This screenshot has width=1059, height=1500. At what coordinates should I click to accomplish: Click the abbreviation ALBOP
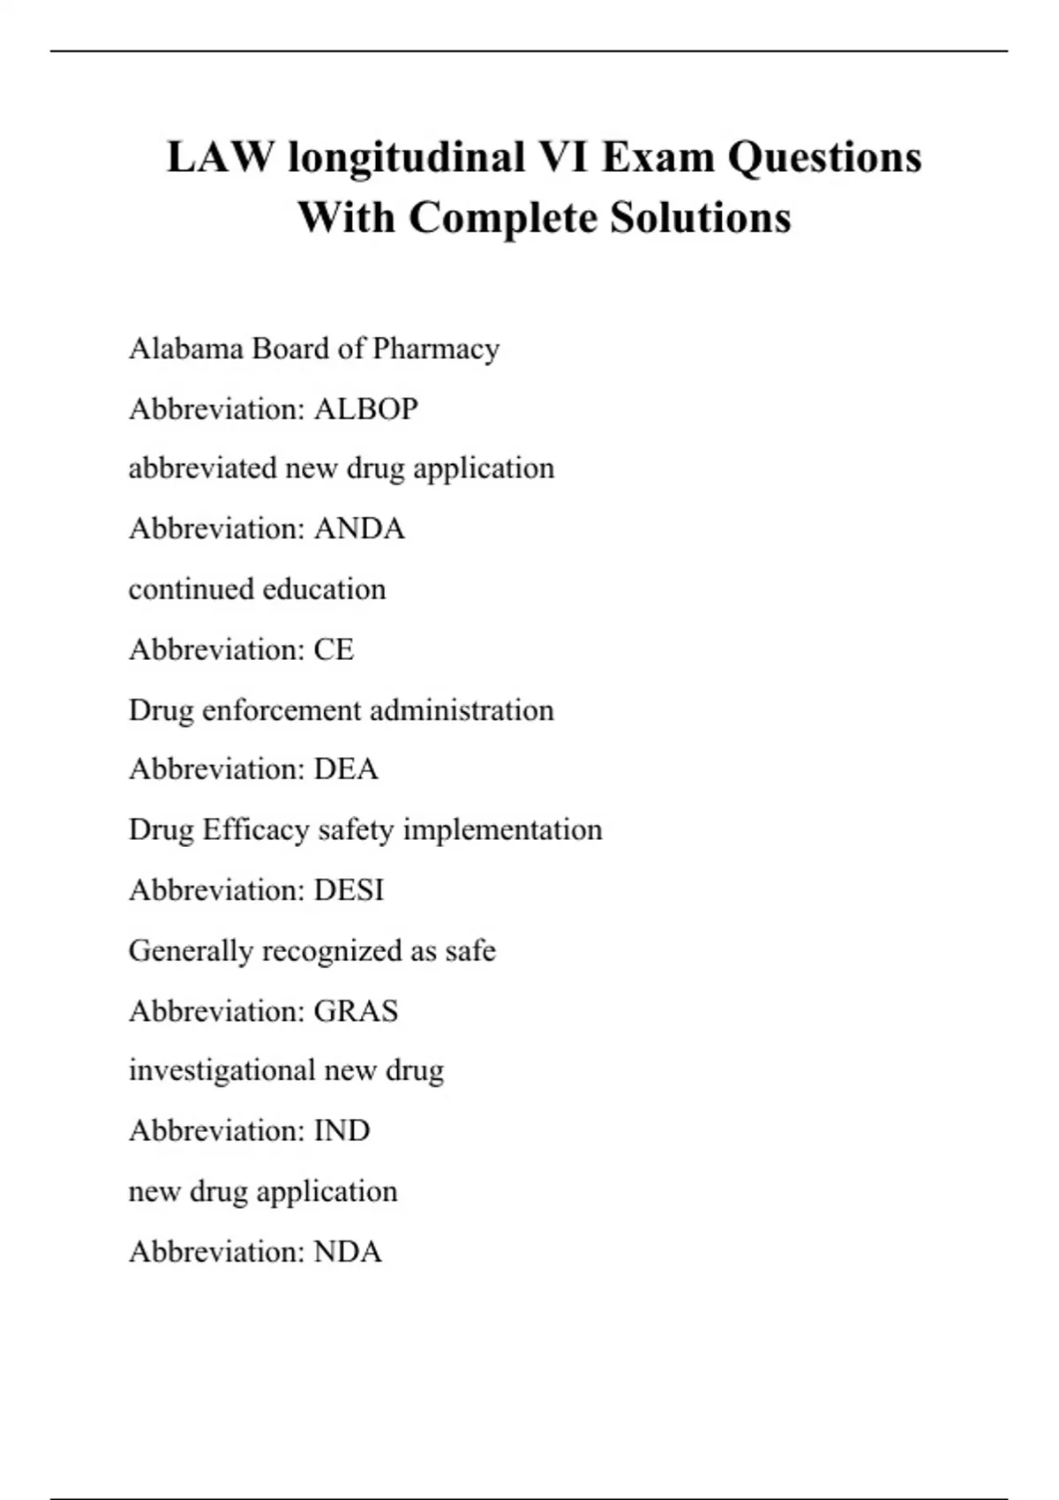coord(366,409)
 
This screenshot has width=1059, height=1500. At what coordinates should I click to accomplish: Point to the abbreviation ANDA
coord(359,529)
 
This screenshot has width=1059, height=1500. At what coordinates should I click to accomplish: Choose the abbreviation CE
coord(334,650)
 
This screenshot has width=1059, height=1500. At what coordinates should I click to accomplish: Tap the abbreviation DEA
coord(346,769)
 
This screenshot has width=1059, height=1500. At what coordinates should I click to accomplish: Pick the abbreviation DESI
coord(349,890)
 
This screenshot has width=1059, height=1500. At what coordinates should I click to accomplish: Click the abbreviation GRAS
coord(356,1011)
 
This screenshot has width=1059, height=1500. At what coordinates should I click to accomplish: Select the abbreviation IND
coord(342,1131)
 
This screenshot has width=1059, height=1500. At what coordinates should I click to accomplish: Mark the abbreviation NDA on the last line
coord(348,1252)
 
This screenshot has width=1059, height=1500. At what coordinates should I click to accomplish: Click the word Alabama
coord(186,349)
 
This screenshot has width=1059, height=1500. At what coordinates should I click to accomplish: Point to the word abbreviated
coord(203,468)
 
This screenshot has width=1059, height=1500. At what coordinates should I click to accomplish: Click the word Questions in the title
coord(825,158)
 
